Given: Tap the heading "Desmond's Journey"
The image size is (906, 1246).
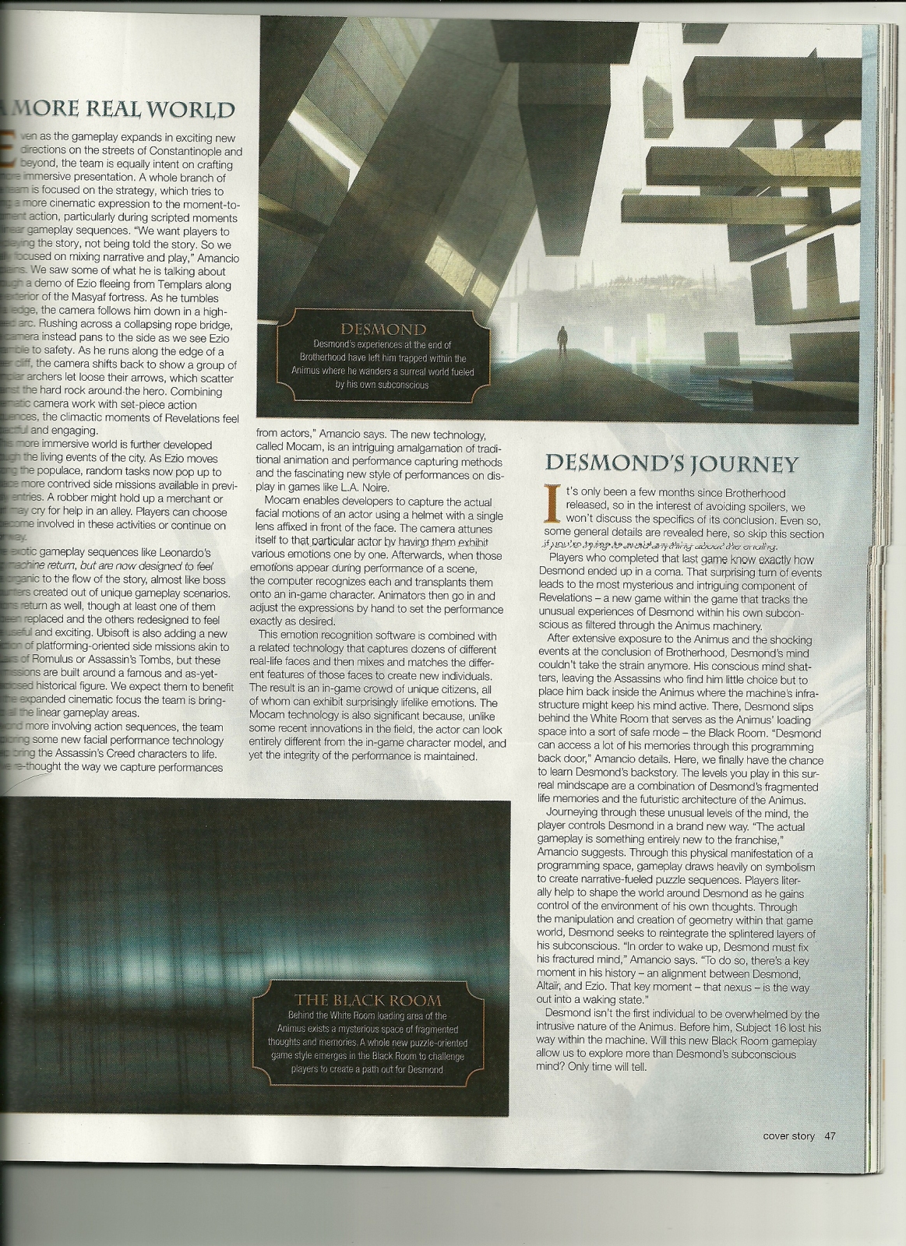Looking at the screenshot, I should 672,463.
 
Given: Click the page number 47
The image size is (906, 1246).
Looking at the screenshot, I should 830,1136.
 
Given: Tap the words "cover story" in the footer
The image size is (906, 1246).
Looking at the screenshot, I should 788,1136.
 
